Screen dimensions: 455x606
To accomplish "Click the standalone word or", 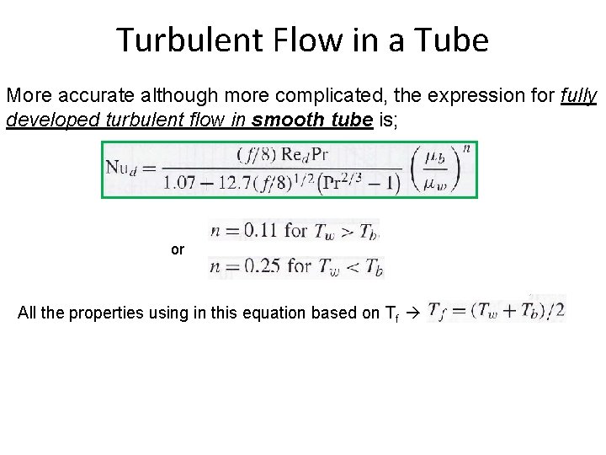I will (177, 250).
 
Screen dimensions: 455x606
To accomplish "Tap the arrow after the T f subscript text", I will (412, 314).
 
